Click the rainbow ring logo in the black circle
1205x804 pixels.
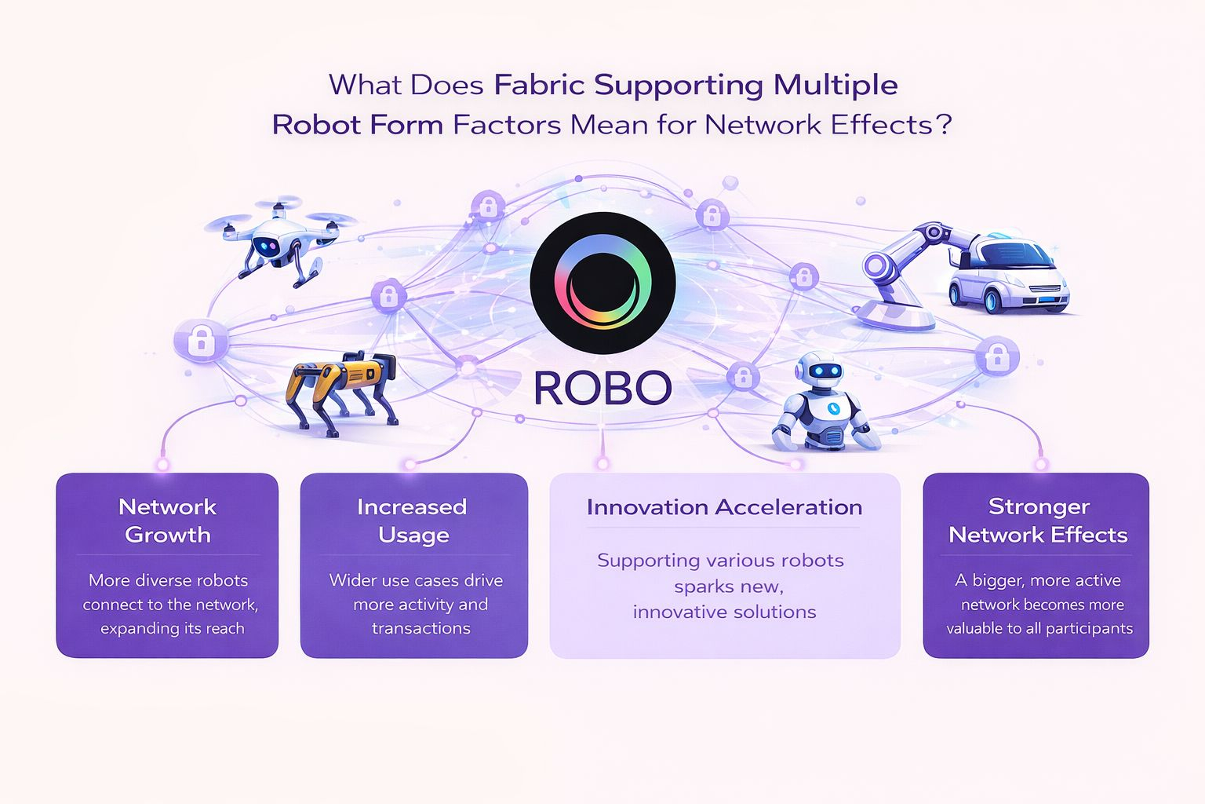(x=602, y=283)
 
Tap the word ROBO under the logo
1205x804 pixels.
(x=602, y=387)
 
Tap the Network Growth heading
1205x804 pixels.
(x=167, y=521)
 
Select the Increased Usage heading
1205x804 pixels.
(x=413, y=521)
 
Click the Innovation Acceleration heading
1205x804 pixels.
(x=724, y=507)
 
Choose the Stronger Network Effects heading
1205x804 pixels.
(x=1038, y=521)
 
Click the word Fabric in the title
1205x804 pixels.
(x=539, y=85)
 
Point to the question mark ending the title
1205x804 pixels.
(x=944, y=125)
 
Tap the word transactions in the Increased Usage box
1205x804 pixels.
(x=421, y=628)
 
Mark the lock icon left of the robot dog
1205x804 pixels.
(x=202, y=340)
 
